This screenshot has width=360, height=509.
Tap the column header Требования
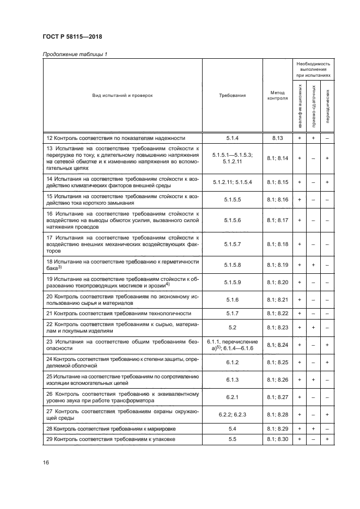pos(232,95)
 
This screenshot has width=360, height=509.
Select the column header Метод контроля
pos(277,95)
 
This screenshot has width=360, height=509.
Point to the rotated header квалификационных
pos(300,106)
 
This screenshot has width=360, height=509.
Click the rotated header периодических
pos(327,106)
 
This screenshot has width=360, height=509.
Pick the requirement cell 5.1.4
pos(232,138)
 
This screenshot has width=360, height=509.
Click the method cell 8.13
pos(277,138)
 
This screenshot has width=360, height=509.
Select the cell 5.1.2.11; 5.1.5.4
pos(232,181)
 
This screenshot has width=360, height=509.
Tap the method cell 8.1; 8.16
pos(277,200)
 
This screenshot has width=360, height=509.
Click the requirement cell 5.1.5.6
pos(232,219)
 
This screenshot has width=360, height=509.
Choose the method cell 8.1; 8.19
pos(277,265)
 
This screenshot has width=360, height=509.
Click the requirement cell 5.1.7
pos(232,315)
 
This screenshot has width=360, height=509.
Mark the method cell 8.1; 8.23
pos(277,329)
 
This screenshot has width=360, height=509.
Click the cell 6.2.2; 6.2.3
pos(232,415)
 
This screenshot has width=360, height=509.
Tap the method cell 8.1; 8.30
pos(277,439)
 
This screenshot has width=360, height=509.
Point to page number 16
pos(46,462)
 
